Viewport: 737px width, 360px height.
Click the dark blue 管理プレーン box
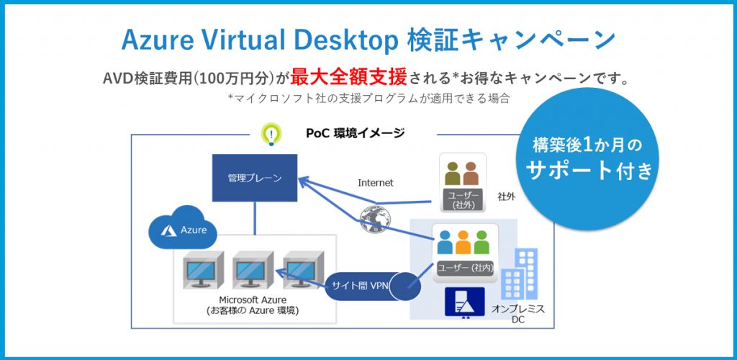254,177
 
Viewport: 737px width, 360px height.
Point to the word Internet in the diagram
376,183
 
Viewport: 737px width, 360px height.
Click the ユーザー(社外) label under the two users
461,201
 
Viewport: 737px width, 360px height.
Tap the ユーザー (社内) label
464,268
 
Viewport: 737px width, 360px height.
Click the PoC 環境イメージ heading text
355,133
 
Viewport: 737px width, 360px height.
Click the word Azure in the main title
158,40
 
